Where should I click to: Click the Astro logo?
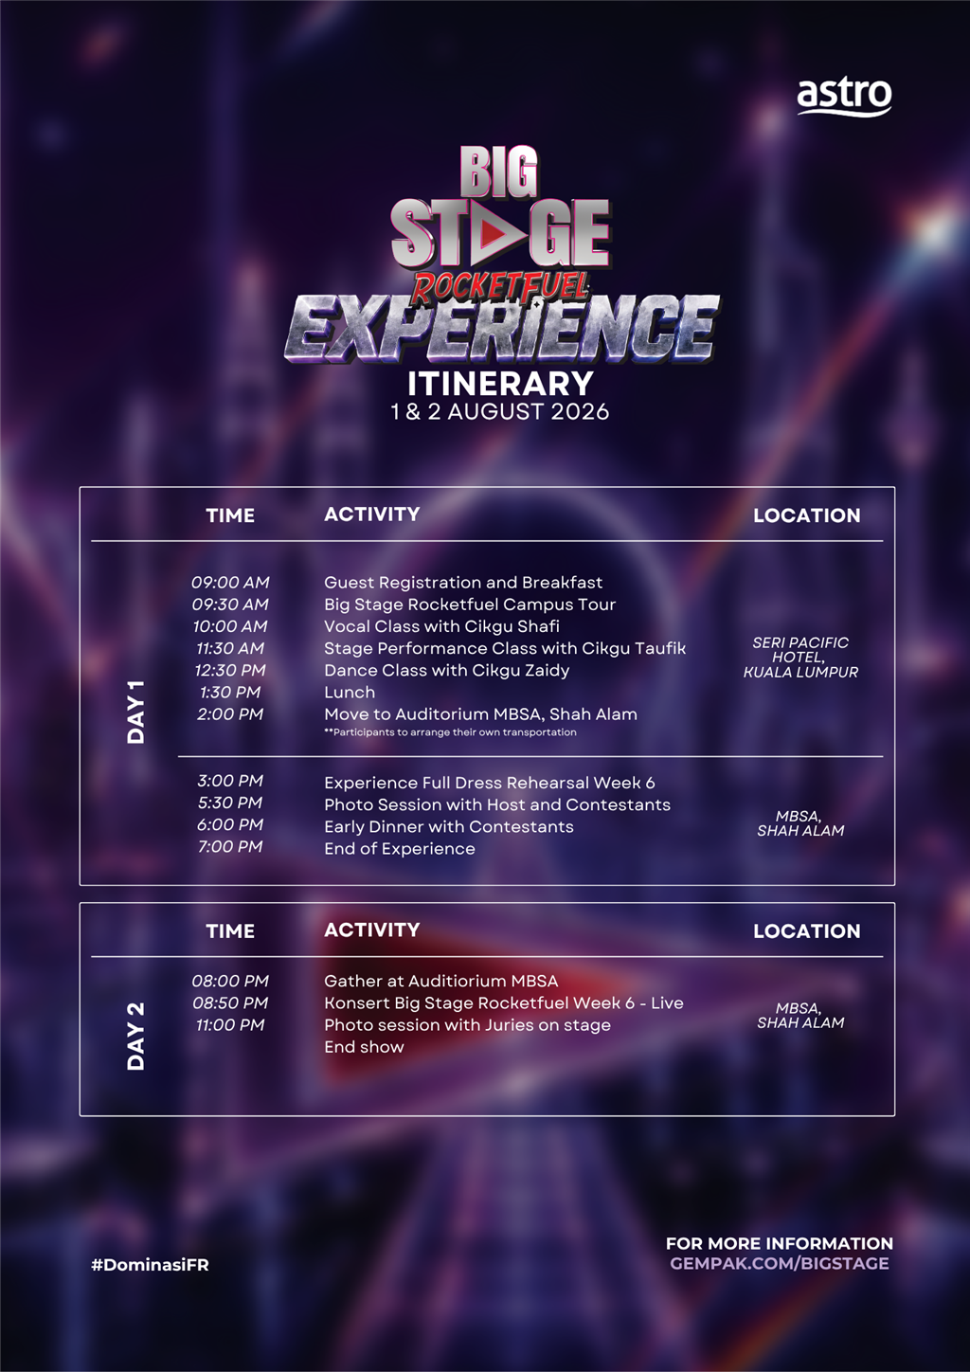click(844, 97)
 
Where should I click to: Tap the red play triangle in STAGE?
click(494, 233)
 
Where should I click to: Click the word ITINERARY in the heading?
click(500, 384)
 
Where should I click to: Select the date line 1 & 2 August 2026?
click(500, 411)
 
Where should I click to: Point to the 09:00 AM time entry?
click(230, 583)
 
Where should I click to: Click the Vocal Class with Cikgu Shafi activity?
click(441, 626)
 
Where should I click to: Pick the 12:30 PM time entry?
click(230, 670)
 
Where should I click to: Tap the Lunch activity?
click(350, 692)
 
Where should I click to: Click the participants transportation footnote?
click(450, 731)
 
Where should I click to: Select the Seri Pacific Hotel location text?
click(800, 658)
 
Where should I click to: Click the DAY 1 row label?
click(135, 712)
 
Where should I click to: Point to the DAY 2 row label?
click(135, 1037)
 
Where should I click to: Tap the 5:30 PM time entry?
click(230, 803)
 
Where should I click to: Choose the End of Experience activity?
click(399, 848)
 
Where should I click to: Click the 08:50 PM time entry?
click(230, 1002)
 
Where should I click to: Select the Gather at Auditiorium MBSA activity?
click(440, 981)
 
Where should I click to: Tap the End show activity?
click(364, 1047)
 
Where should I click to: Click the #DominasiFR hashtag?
click(150, 1265)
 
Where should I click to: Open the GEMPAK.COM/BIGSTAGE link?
click(779, 1264)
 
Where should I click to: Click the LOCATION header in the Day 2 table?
click(806, 931)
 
